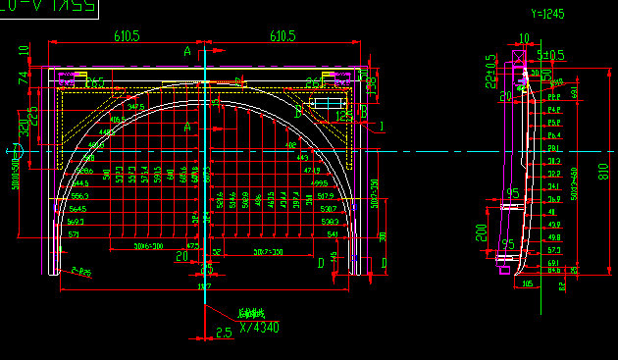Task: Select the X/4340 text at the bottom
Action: [x=259, y=328]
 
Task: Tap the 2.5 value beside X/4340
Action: [x=223, y=333]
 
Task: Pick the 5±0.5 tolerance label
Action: [x=551, y=55]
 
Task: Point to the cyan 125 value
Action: [x=343, y=116]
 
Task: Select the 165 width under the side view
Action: [x=527, y=283]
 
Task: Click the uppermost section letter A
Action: [x=186, y=50]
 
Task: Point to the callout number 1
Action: [x=382, y=127]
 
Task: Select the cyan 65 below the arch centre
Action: [x=206, y=269]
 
